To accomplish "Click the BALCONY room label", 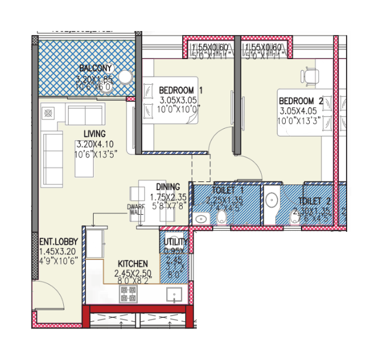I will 96,68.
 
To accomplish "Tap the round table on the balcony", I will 126,78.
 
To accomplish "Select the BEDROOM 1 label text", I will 180,90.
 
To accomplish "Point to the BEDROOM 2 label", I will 300,100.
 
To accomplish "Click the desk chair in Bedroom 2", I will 310,76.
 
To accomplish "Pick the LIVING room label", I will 94,133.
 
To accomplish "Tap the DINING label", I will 167,187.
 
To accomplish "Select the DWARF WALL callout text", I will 136,210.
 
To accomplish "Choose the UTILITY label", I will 176,242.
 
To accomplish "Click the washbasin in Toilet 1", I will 200,219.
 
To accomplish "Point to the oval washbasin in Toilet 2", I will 272,200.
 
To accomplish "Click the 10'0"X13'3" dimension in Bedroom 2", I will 301,121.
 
